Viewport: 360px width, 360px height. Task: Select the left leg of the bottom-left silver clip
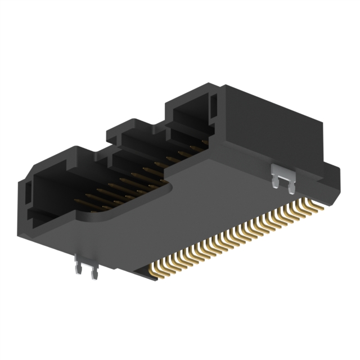(78, 269)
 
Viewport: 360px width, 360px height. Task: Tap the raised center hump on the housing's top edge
(135, 125)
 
